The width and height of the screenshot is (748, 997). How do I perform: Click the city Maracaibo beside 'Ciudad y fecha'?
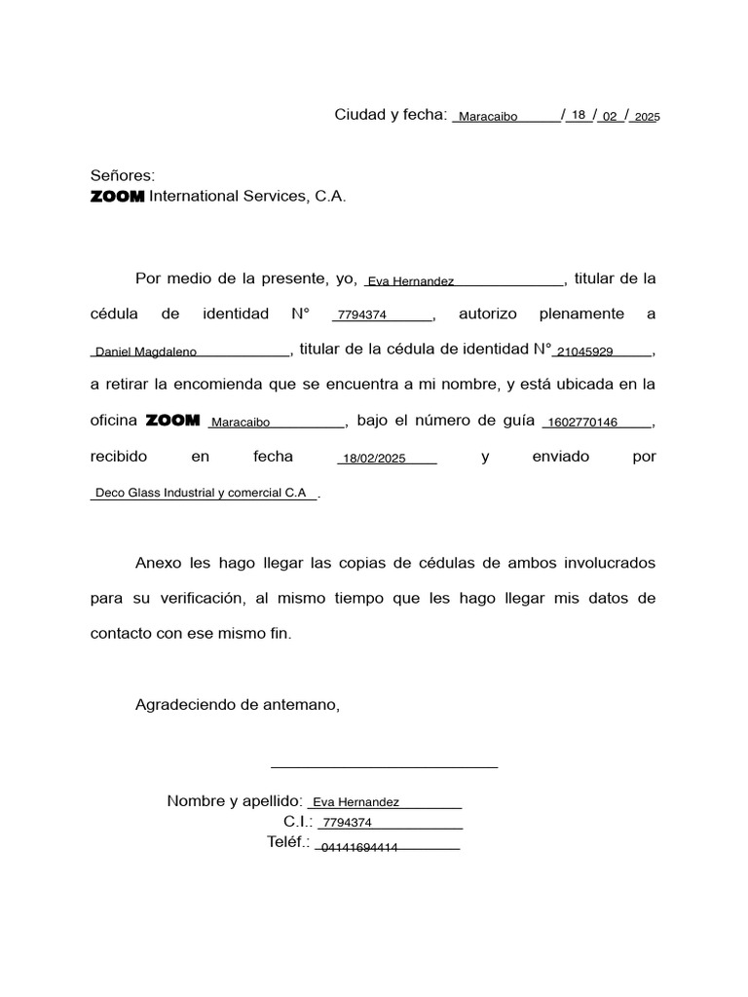[x=488, y=117]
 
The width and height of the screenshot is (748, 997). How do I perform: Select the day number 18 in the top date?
[x=579, y=115]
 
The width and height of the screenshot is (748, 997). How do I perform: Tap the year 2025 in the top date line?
[x=647, y=117]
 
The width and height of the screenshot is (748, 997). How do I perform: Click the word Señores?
[x=123, y=175]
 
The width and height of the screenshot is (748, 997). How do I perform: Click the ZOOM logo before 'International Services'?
[x=117, y=197]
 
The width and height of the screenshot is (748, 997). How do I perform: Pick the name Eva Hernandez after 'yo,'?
[x=410, y=281]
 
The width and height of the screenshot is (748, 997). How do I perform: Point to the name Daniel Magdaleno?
[x=146, y=351]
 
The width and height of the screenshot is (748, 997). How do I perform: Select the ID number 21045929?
[x=584, y=351]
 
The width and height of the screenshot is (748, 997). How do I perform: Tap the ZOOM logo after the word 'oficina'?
[x=172, y=421]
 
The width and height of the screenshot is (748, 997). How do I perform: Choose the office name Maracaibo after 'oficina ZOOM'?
[x=241, y=423]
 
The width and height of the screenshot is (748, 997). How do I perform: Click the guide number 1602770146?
[x=583, y=423]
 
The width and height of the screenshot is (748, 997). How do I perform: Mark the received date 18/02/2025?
[x=374, y=459]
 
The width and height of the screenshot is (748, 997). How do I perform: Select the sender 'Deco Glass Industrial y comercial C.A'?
[x=201, y=493]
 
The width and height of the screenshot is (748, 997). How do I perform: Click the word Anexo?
[x=159, y=563]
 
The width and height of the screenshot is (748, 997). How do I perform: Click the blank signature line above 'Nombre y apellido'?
[x=384, y=766]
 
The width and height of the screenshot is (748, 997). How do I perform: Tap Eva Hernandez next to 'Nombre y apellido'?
[x=356, y=802]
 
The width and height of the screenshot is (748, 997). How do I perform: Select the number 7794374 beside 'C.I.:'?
[x=348, y=823]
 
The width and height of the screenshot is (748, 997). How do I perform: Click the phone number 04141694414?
[x=359, y=847]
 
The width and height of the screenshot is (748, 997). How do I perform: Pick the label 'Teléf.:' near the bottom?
[x=288, y=842]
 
